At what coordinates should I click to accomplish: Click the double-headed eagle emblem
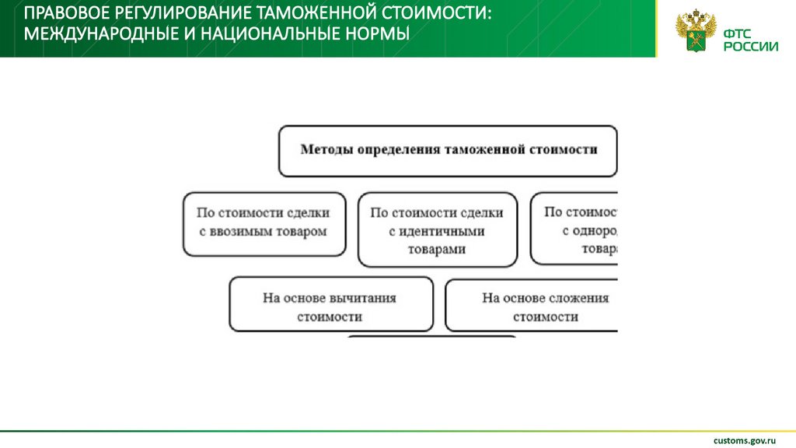click(x=693, y=32)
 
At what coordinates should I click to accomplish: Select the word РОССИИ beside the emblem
click(x=750, y=46)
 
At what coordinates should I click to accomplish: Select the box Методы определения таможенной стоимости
click(x=448, y=150)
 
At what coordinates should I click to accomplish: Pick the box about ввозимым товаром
click(x=264, y=224)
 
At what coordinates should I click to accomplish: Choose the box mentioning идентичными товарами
click(x=437, y=230)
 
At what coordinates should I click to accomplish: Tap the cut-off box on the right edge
click(x=575, y=229)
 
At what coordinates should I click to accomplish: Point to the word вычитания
click(x=363, y=298)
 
